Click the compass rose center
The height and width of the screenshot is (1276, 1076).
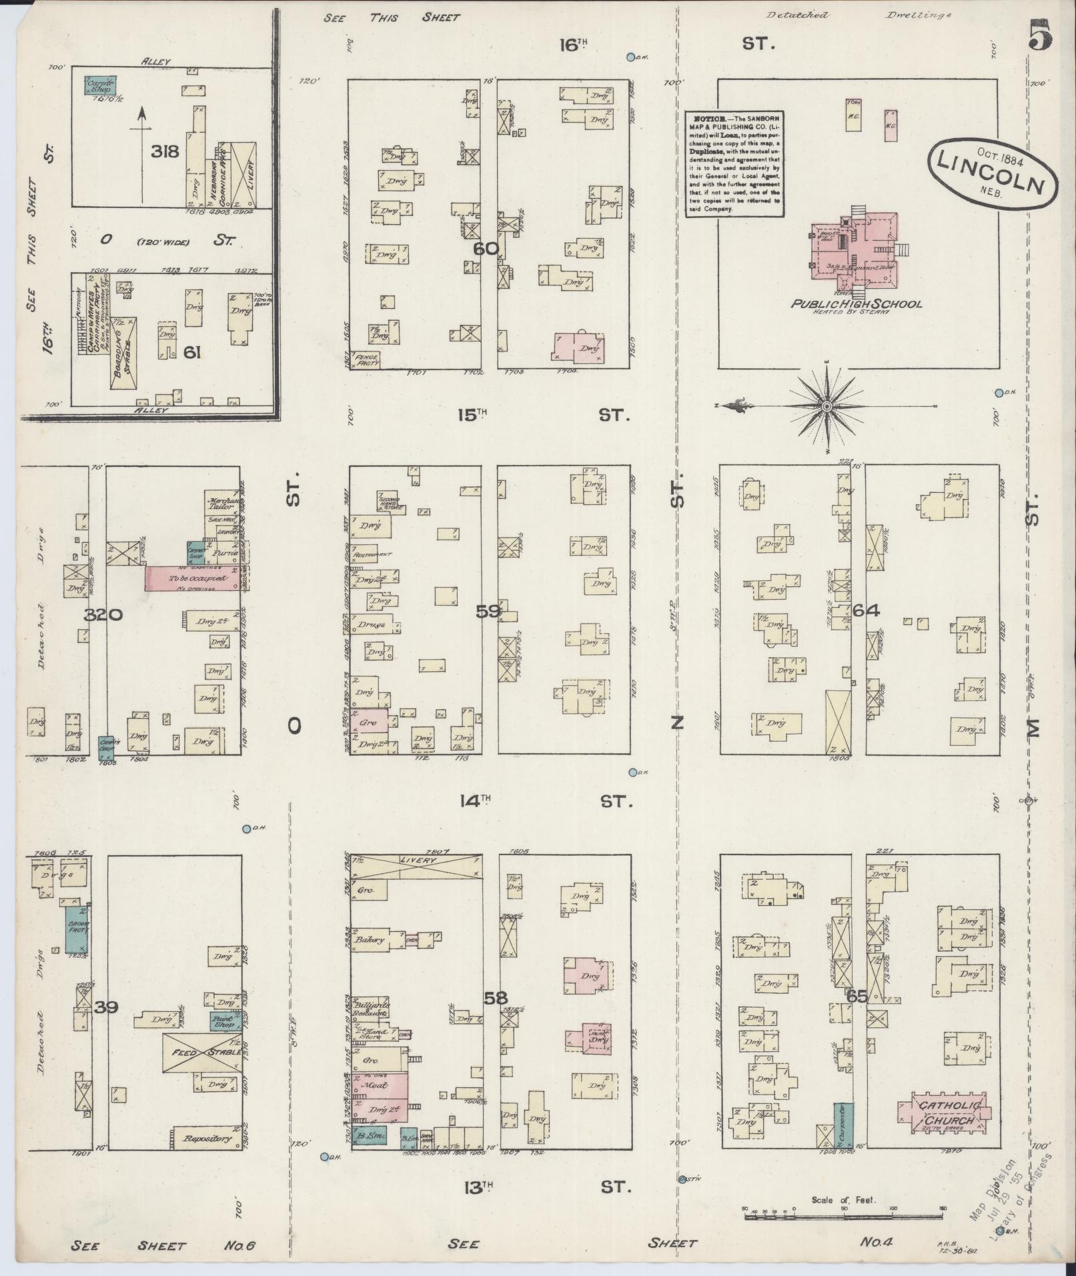[827, 406]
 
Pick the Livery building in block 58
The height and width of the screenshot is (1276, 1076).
[417, 865]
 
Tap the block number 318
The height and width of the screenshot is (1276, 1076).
[165, 151]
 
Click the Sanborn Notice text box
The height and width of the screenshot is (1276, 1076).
[734, 163]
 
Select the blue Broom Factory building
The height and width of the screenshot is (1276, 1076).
[77, 928]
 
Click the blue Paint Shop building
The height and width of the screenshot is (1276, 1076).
[224, 1022]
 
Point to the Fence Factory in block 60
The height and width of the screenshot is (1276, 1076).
[366, 360]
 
